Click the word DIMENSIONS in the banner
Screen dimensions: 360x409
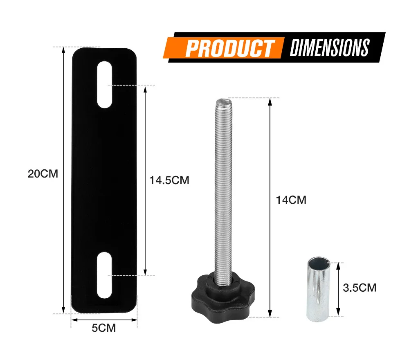pos(329,47)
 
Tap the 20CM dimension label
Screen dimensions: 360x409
pos(43,173)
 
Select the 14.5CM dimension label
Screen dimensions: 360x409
pos(169,180)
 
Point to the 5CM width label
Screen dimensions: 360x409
pos(104,328)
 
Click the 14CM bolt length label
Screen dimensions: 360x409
pos(291,200)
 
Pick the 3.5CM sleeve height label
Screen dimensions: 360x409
pos(359,288)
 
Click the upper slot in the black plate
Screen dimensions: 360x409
pos(105,85)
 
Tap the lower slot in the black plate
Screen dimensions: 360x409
pos(105,275)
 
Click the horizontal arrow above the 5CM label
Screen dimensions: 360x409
pos(104,320)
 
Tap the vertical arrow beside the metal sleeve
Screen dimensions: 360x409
pos(338,290)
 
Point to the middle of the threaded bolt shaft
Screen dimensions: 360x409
pos(223,188)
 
